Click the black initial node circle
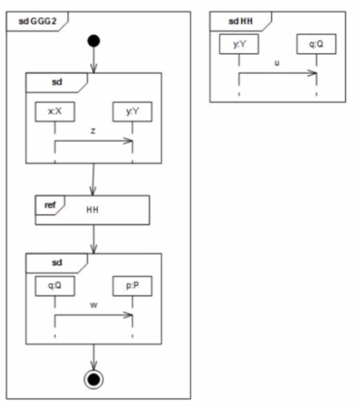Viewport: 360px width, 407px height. [93, 41]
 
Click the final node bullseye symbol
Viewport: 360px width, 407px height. [93, 380]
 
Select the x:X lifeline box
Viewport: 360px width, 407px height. [55, 112]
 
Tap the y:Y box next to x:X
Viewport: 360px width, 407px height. [132, 112]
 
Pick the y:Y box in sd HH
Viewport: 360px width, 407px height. [239, 44]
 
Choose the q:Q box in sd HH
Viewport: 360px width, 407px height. [316, 44]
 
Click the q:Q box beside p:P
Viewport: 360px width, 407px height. [55, 285]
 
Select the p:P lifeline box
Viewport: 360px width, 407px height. [132, 285]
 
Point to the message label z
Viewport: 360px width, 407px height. [93, 131]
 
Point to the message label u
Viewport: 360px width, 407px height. [276, 63]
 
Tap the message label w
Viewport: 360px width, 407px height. [93, 305]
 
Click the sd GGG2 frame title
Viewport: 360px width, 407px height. [37, 21]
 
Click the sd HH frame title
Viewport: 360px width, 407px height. [240, 21]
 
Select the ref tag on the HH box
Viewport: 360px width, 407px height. [50, 205]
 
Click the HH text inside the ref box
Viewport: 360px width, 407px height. [92, 210]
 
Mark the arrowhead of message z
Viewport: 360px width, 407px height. [129, 141]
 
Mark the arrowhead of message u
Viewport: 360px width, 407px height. [312, 73]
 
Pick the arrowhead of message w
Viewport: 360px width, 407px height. [129, 315]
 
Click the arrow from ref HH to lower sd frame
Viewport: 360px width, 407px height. [93, 240]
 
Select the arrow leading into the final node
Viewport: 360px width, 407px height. [93, 357]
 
